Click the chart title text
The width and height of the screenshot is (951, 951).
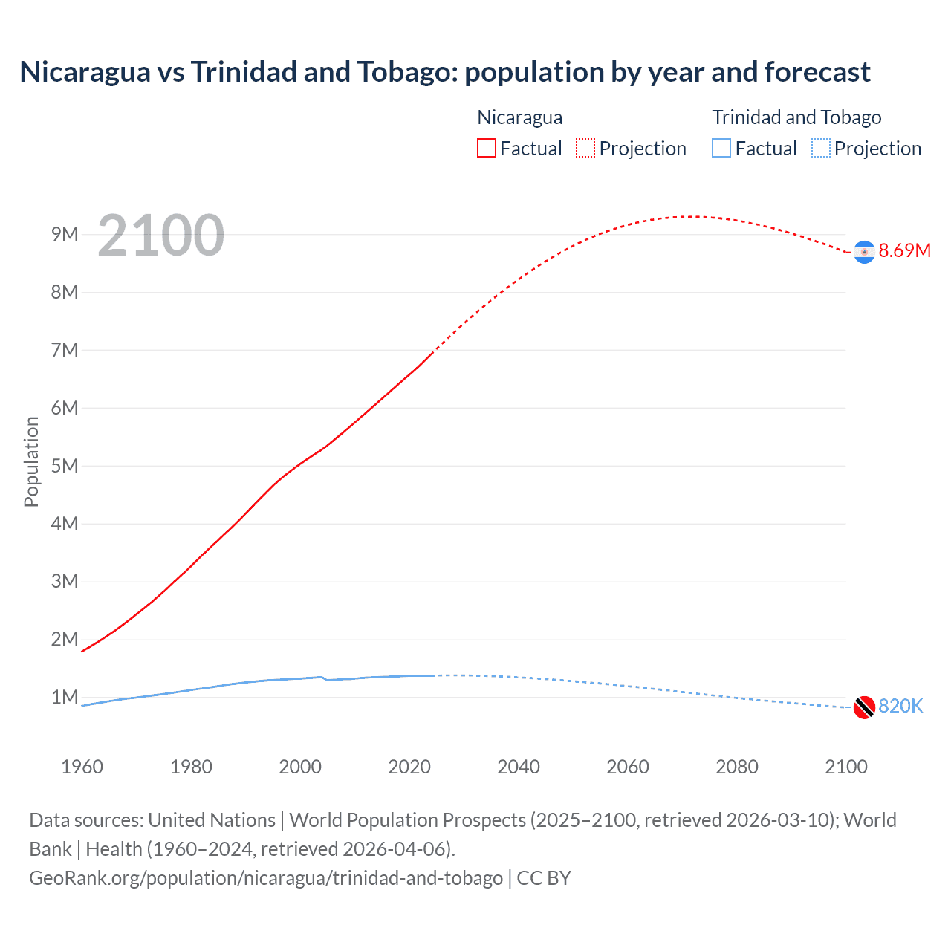coord(444,72)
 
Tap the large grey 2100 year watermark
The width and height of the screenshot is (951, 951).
coord(160,236)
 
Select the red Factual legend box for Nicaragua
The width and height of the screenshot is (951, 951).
coord(486,148)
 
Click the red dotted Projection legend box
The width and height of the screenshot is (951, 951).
coord(585,148)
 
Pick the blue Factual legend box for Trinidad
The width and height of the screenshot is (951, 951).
coord(721,148)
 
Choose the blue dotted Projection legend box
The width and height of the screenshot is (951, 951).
coord(820,148)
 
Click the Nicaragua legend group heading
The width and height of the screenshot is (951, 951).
coord(519,117)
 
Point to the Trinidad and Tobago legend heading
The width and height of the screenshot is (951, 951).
coord(796,117)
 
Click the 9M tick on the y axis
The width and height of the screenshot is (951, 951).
coord(65,235)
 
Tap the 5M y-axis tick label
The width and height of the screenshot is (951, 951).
coord(65,466)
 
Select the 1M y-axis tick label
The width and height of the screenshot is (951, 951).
coord(65,697)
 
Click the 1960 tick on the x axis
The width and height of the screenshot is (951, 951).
coord(82,767)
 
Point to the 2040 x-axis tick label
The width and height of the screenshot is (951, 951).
coord(519,767)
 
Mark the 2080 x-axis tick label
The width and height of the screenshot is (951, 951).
coord(737,767)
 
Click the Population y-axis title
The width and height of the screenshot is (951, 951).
coord(31,461)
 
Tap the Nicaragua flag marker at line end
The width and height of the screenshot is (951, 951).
coord(864,253)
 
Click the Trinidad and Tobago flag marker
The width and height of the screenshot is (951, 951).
coord(864,707)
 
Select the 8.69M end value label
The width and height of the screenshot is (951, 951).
coord(904,250)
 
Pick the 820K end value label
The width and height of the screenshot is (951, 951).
coord(900,706)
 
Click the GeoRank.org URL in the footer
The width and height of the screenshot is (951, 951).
coord(266,878)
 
